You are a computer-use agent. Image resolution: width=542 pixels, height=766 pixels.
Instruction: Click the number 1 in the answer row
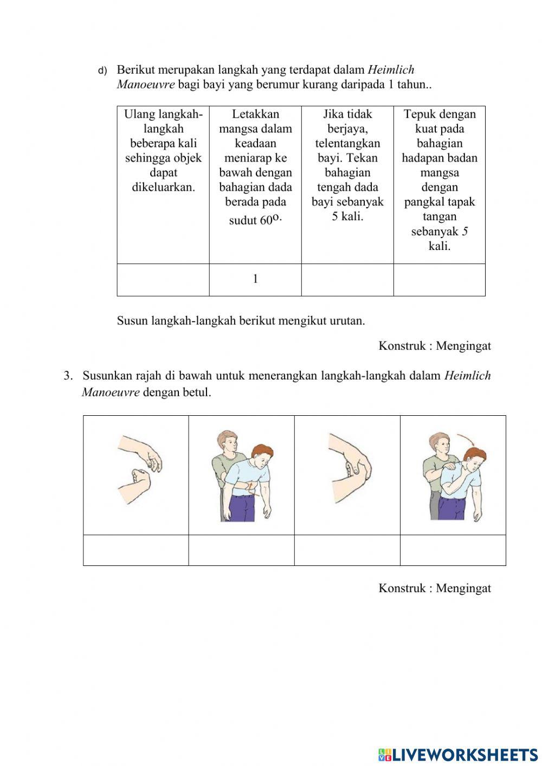(x=255, y=279)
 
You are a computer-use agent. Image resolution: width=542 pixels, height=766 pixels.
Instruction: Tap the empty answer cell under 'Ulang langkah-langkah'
(x=163, y=280)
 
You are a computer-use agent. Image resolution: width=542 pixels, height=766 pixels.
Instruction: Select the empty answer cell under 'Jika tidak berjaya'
(x=347, y=280)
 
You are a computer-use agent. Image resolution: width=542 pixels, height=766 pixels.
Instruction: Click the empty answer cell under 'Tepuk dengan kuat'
(x=439, y=280)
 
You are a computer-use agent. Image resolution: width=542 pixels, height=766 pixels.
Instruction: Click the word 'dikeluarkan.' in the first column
(x=163, y=188)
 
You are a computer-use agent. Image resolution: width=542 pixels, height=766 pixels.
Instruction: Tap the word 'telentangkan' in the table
(x=347, y=144)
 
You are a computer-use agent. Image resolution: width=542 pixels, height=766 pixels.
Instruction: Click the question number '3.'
(x=68, y=376)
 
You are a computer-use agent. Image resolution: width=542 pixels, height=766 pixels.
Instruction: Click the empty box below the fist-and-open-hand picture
(x=136, y=550)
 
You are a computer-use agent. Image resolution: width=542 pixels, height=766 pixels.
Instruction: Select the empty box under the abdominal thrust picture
(x=241, y=550)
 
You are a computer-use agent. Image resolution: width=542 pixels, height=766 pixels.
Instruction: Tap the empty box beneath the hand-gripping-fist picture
(x=347, y=550)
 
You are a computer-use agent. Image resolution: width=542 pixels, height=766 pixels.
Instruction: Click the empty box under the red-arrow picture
(x=453, y=550)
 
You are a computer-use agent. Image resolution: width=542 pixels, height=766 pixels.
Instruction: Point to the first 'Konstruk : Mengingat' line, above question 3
(x=435, y=346)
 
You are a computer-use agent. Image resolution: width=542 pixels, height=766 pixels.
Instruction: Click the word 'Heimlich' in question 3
(x=467, y=376)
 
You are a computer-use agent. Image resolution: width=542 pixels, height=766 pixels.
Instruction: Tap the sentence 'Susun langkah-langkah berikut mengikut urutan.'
(x=241, y=320)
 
